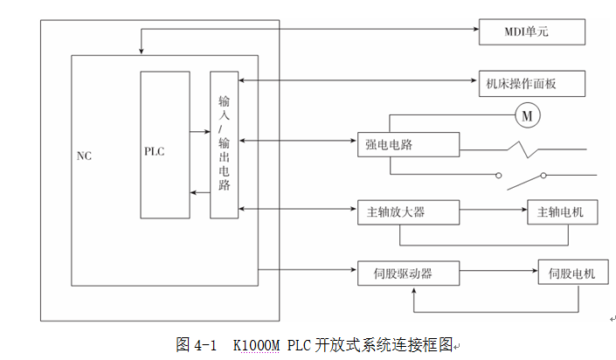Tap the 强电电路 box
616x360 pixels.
pos(407,145)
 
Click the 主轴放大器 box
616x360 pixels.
pos(407,212)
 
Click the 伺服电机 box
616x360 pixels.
pos(566,273)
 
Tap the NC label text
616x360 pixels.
pos(84,156)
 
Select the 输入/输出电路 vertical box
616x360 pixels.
pos(225,144)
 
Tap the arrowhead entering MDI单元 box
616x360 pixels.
pos(475,29)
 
